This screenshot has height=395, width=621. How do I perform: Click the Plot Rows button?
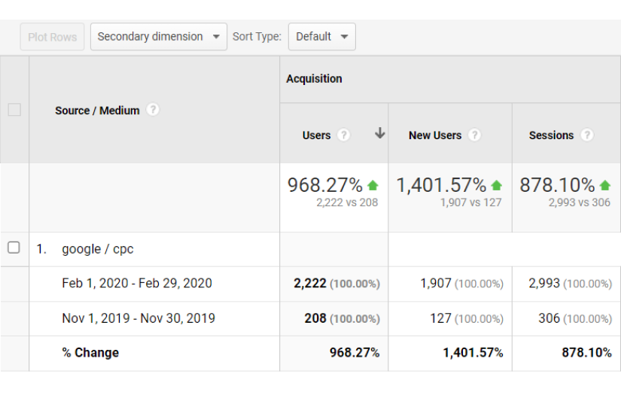pyautogui.click(x=52, y=37)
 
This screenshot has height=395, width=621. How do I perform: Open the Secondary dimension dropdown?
pyautogui.click(x=158, y=37)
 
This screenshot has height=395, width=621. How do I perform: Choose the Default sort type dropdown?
pyautogui.click(x=321, y=37)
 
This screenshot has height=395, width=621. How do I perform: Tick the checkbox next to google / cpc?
pyautogui.click(x=14, y=248)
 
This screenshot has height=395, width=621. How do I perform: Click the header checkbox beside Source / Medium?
pyautogui.click(x=14, y=110)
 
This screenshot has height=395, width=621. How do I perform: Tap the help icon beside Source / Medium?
pyautogui.click(x=153, y=110)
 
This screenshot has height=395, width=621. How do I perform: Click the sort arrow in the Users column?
pyautogui.click(x=379, y=134)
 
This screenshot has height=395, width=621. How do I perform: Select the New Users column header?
pyautogui.click(x=435, y=135)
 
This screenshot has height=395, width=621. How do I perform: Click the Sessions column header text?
pyautogui.click(x=551, y=135)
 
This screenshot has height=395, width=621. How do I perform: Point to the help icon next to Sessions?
pyautogui.click(x=587, y=135)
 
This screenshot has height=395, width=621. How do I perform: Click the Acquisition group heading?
pyautogui.click(x=314, y=79)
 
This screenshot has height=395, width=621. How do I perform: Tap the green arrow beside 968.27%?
pyautogui.click(x=373, y=185)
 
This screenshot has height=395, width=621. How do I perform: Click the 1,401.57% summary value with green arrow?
pyautogui.click(x=441, y=185)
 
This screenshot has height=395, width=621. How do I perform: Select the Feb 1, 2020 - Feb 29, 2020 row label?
pyautogui.click(x=137, y=284)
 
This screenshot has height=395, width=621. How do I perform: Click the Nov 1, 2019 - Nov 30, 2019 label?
pyautogui.click(x=139, y=318)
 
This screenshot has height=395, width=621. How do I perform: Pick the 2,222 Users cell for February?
pyautogui.click(x=310, y=284)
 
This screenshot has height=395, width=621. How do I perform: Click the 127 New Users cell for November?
pyautogui.click(x=441, y=318)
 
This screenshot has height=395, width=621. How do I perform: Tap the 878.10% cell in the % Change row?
pyautogui.click(x=586, y=353)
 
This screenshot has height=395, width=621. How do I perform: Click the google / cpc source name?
pyautogui.click(x=98, y=249)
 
